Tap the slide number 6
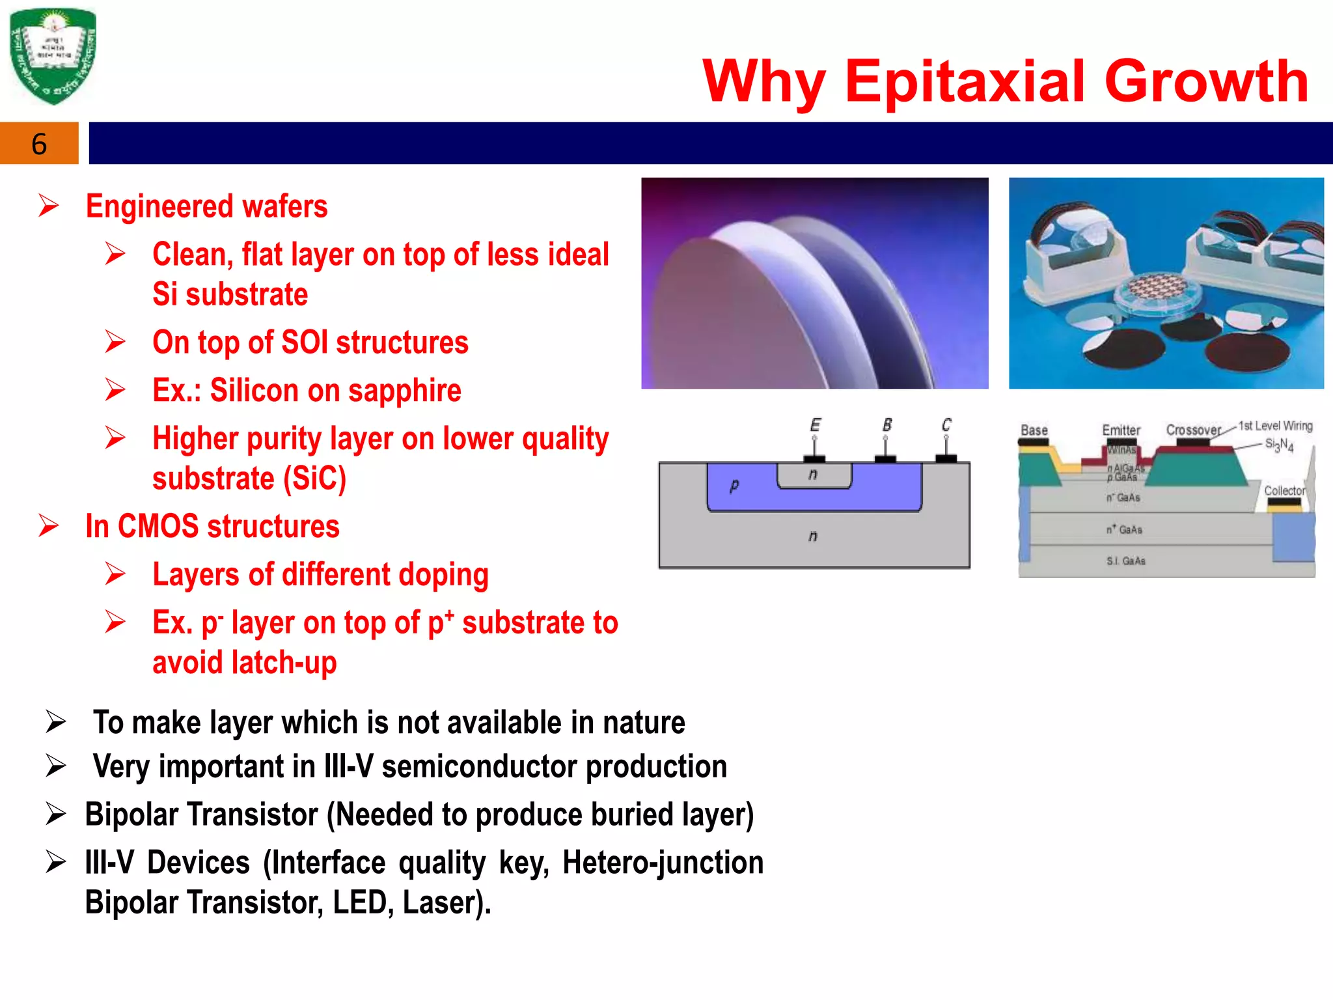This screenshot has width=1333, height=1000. click(39, 144)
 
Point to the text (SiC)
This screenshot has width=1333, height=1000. click(314, 479)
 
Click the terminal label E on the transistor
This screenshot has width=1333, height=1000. click(815, 425)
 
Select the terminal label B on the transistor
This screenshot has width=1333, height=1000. click(886, 425)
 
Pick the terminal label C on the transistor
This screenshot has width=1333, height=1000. click(946, 425)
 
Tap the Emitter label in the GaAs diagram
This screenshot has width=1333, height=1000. click(1121, 430)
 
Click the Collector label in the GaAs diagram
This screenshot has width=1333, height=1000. click(1284, 490)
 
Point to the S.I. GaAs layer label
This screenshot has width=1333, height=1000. click(1125, 561)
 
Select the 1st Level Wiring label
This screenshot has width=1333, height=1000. click(1275, 426)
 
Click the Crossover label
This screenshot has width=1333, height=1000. click(1194, 430)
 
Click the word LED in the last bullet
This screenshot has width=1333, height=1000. click(359, 903)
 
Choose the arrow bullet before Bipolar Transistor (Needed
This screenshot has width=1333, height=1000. click(56, 814)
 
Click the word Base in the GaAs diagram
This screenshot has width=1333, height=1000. click(1034, 430)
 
